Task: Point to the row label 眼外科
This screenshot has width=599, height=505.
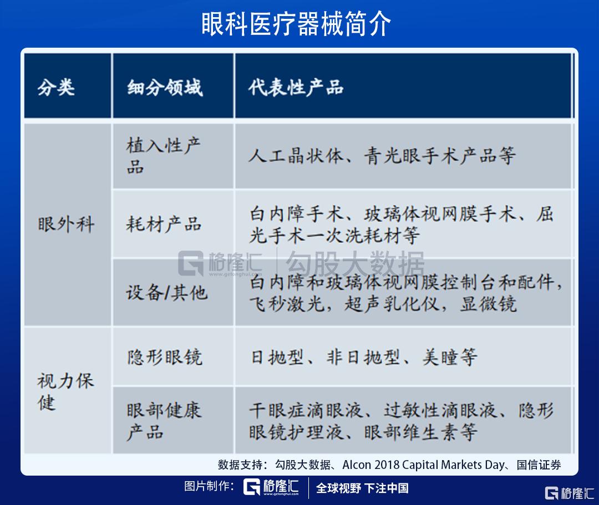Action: (66, 225)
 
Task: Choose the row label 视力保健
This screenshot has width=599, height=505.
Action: (65, 391)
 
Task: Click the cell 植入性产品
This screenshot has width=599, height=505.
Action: (164, 156)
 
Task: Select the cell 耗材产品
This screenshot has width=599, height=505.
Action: (164, 225)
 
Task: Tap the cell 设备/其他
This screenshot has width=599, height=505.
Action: (167, 292)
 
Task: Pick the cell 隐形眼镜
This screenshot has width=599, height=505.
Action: (165, 357)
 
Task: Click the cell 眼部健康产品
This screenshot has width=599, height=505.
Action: (164, 421)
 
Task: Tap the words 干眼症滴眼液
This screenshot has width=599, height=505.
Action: (306, 411)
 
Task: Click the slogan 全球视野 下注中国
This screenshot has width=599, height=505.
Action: (362, 488)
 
